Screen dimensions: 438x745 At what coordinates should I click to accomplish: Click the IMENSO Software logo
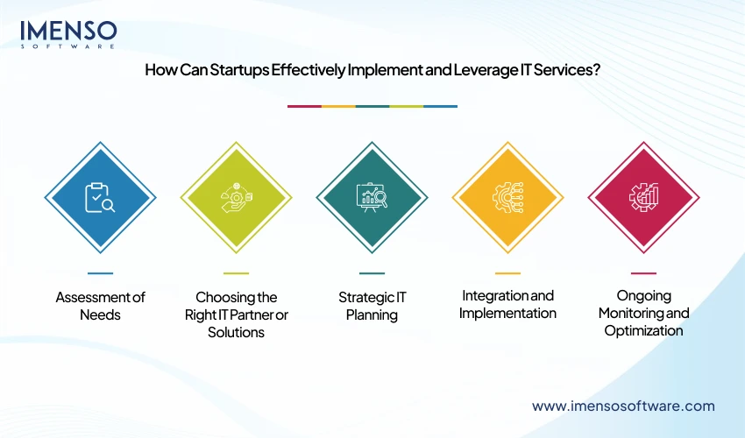tap(68, 34)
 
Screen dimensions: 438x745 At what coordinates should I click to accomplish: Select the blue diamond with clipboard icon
tap(100, 198)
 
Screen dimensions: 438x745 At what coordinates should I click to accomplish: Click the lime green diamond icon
tap(236, 198)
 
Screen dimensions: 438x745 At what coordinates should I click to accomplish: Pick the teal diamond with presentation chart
tap(372, 198)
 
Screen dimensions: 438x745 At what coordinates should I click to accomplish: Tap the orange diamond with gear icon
tap(507, 198)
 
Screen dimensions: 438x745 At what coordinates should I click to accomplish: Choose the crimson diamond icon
tap(643, 198)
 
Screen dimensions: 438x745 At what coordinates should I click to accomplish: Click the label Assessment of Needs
tap(100, 305)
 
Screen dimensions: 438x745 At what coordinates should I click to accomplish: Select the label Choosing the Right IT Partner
tap(236, 314)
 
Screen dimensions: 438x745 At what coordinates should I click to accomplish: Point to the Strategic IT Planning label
tap(372, 305)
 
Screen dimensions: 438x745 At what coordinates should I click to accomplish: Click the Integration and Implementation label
tap(507, 304)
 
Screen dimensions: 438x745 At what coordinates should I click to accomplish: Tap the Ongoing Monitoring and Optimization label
tap(643, 313)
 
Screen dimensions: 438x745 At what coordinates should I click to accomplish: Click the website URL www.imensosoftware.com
tap(623, 406)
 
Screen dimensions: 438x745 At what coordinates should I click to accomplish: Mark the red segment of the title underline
tap(304, 106)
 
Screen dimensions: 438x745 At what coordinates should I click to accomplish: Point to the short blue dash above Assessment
tap(100, 273)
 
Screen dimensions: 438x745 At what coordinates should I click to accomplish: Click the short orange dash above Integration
tap(507, 273)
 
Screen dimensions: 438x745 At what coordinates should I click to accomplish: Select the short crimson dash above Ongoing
tap(643, 273)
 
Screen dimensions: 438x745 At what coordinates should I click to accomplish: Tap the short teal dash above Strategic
tap(372, 273)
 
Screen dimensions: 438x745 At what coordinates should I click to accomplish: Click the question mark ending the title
tap(596, 72)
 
